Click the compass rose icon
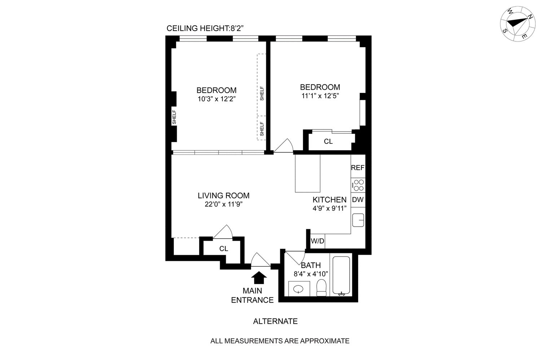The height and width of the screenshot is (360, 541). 517,23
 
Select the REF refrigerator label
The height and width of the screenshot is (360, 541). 358,168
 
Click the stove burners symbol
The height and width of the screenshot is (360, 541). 358,185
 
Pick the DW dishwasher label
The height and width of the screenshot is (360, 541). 358,200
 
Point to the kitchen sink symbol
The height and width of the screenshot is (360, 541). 358,219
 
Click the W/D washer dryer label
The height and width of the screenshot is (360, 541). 317,241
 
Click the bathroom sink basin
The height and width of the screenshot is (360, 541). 298,289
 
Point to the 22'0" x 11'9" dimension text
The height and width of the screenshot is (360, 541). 223,204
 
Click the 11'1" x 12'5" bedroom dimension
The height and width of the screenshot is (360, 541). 320,96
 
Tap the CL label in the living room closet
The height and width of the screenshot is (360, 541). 224,249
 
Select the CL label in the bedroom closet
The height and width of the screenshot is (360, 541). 328,142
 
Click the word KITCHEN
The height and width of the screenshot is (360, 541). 329,200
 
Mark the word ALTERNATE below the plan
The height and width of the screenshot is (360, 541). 275,321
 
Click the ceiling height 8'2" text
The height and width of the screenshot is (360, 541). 207,29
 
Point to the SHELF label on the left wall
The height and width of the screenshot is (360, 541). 174,117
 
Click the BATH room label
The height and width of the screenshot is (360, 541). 311,266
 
